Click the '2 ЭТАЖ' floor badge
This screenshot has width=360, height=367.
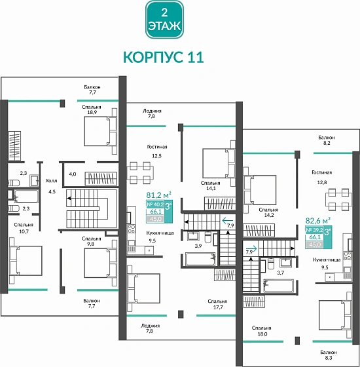pyautogui.click(x=164, y=20)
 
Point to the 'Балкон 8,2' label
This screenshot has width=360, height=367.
pyautogui.click(x=327, y=141)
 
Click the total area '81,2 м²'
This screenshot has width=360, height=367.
pyautogui.click(x=158, y=195)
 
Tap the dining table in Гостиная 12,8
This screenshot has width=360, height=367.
pyautogui.click(x=338, y=197)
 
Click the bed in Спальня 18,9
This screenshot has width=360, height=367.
pyautogui.click(x=98, y=134)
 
